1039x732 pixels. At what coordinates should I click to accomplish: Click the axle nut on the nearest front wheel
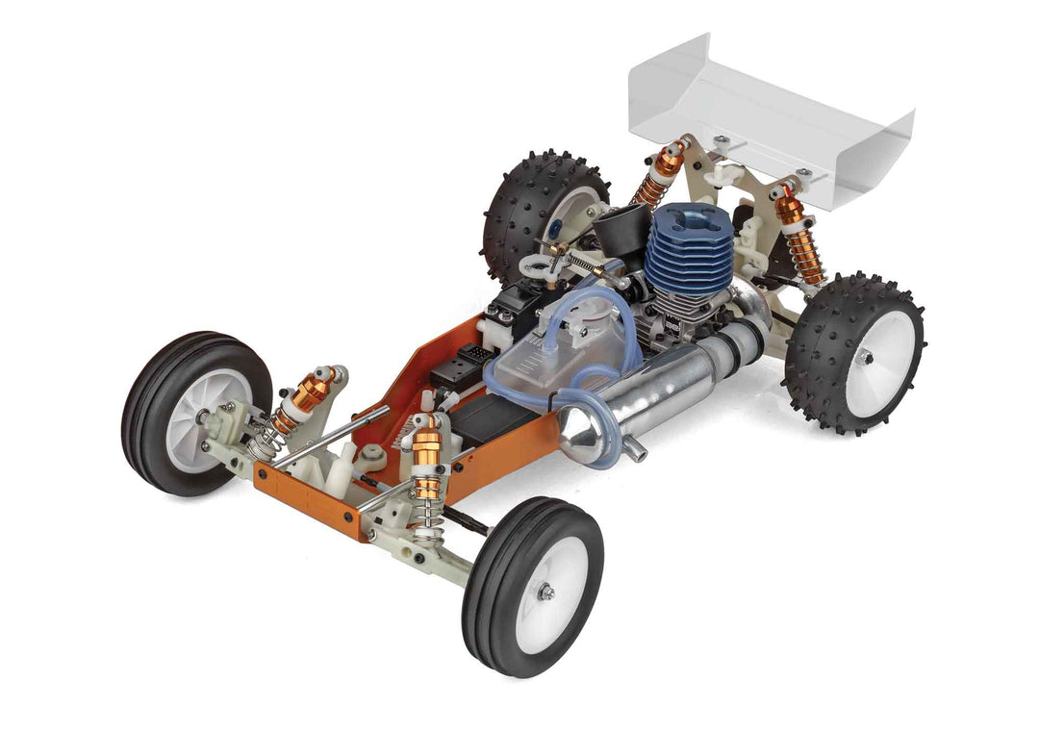pos(545,593)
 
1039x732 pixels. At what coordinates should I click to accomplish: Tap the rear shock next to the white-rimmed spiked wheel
pos(799,236)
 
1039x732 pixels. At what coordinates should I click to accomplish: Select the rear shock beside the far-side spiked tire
pos(662,173)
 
